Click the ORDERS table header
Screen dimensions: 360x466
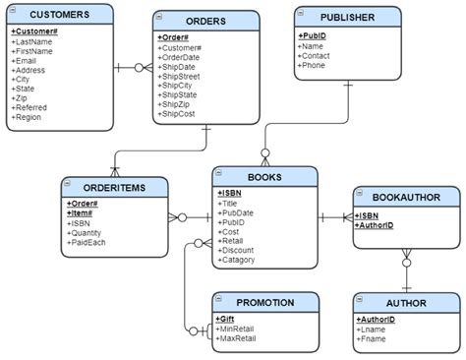[206, 21]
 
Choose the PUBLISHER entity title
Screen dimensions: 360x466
[347, 17]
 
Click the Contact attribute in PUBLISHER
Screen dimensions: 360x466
[318, 55]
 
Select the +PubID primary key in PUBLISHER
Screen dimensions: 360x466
[314, 34]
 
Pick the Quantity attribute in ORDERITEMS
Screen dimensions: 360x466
[87, 231]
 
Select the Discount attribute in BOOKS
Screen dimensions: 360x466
[239, 250]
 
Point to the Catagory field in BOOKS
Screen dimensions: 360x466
[240, 260]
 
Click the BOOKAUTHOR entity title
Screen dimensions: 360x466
[400, 196]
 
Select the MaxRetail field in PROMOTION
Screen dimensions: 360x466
[238, 338]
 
